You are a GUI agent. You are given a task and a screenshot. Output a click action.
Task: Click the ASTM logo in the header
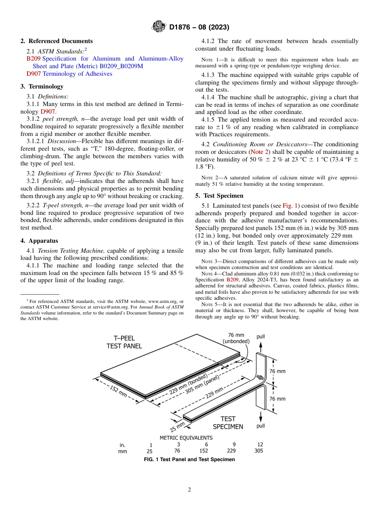(159, 27)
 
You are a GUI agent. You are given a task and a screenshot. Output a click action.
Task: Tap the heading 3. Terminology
(41, 86)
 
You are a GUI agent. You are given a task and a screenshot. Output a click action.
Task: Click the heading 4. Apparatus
(39, 241)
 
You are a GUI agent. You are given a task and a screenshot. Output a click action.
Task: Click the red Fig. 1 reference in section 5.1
(290, 206)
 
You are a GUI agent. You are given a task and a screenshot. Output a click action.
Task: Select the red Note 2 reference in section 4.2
(259, 152)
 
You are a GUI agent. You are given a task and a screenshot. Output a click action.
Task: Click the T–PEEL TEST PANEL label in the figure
(124, 342)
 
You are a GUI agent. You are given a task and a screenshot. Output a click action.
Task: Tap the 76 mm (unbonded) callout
(236, 338)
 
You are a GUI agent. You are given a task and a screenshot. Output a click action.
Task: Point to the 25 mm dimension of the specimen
(178, 427)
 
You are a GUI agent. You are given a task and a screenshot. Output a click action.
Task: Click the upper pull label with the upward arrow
(261, 336)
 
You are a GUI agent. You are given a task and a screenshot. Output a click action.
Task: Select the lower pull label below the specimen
(261, 426)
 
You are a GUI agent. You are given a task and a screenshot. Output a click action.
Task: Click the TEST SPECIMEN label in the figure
(228, 422)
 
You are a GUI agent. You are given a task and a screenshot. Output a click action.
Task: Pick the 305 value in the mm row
(259, 451)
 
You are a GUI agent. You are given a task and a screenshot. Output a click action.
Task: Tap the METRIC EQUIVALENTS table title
(186, 437)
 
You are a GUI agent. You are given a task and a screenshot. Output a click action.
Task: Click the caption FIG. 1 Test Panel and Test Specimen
(189, 459)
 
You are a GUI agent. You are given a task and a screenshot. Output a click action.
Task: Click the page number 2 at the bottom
(189, 490)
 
